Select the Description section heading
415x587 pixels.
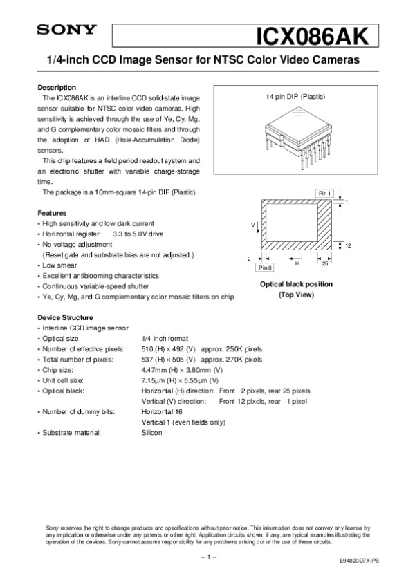click(x=56, y=88)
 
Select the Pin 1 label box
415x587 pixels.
click(x=324, y=192)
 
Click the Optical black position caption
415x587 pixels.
click(x=295, y=284)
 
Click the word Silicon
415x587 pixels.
click(x=151, y=433)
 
